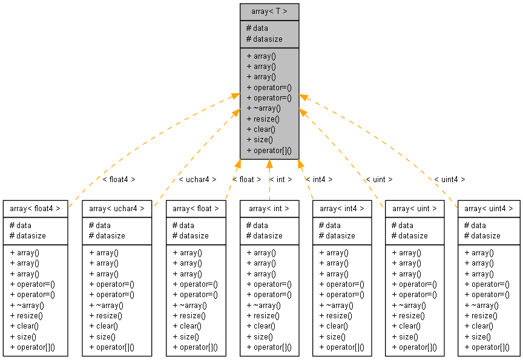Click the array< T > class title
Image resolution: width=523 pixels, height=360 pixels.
click(269, 11)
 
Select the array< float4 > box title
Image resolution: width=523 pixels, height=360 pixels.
click(35, 209)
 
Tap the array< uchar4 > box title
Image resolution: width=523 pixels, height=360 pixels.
click(117, 209)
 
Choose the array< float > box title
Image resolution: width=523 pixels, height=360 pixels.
click(196, 209)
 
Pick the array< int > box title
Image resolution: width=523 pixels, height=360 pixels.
click(269, 209)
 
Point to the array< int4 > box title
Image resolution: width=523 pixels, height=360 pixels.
click(342, 209)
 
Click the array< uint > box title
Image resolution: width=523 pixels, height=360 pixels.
click(415, 209)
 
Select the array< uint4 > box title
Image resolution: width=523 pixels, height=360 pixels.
click(488, 209)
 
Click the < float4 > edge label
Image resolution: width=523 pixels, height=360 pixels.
click(119, 180)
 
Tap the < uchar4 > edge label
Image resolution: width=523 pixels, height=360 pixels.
click(197, 180)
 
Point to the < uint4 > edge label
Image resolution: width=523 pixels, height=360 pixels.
click(450, 180)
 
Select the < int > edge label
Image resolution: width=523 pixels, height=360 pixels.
click(280, 180)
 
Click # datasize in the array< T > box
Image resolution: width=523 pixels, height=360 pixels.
click(265, 39)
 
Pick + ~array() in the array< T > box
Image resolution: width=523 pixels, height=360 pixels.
click(264, 108)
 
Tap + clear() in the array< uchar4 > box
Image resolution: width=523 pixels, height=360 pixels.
click(104, 326)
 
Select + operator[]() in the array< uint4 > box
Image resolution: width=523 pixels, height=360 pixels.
click(487, 347)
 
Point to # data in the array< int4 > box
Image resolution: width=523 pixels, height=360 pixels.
click(330, 226)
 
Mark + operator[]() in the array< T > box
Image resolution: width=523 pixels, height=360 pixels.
click(269, 151)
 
